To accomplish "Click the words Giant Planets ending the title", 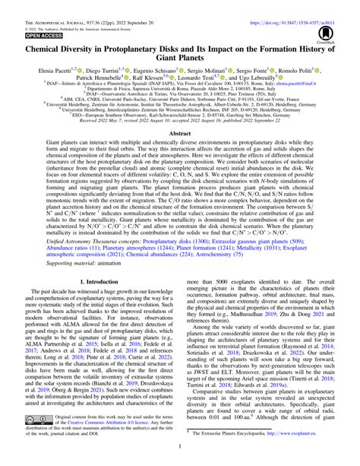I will [x=179, y=62].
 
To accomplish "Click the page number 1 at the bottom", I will [x=179, y=458].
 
